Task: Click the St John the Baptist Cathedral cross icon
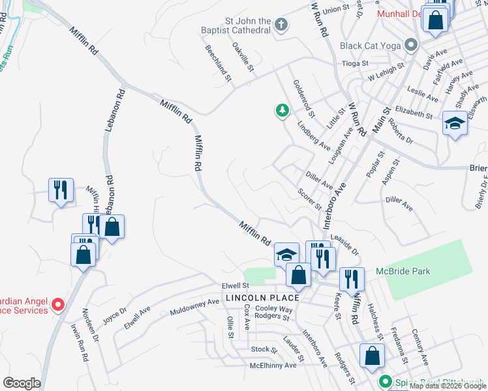coord(281,25)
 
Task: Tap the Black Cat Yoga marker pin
coord(411,46)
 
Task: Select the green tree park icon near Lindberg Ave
coord(282,111)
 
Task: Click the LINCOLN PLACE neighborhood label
coord(262,298)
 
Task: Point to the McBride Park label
coord(403,272)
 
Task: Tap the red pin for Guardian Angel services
coord(58,304)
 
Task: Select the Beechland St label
coord(219,63)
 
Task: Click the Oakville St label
coord(243,57)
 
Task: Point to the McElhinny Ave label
coord(273,366)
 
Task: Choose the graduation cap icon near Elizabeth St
coord(455,123)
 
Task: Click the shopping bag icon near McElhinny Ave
coord(371,356)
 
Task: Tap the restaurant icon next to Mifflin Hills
coord(61,190)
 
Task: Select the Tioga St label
coord(356,64)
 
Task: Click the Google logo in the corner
coord(22,383)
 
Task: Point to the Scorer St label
coord(310,199)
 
